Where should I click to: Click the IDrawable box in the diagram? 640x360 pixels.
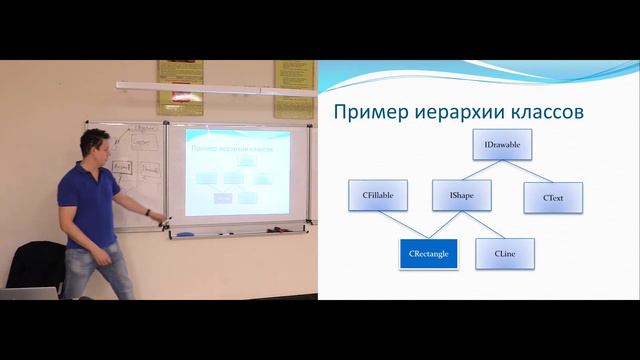pos(502,145)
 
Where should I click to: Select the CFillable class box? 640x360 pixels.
pos(377,197)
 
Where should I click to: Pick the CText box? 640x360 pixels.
pos(553,197)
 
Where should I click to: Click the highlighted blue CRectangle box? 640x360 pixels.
pos(428,254)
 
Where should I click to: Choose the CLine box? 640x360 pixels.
pos(505,254)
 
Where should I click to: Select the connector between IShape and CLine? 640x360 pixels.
pos(483,225)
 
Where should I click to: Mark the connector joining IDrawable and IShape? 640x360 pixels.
pos(483,171)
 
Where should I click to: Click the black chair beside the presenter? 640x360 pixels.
pos(35,265)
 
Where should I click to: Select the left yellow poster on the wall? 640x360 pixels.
pos(180,87)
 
